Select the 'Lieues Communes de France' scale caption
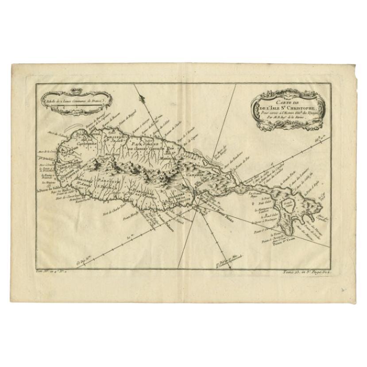pyautogui.click(x=71, y=101)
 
